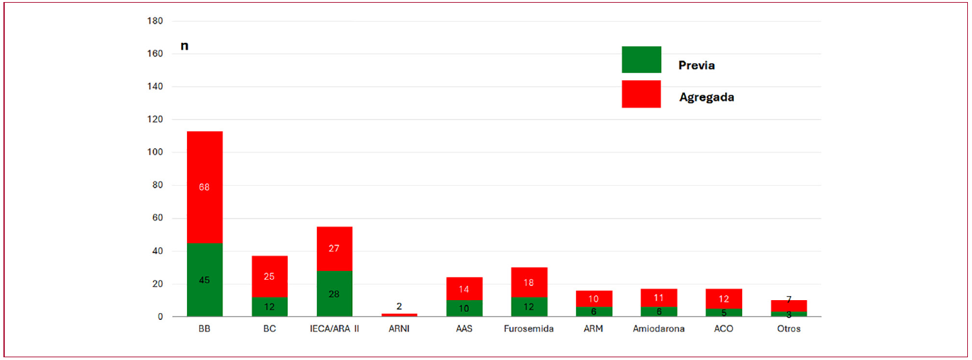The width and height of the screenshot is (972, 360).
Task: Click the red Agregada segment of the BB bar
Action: coord(205,187)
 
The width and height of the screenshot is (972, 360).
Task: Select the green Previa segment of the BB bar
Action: coord(205,280)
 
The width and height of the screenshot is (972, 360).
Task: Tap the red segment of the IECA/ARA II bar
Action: coord(335,249)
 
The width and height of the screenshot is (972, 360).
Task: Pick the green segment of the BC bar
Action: coord(269,307)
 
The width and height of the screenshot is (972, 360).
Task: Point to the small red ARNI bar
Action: coord(399,315)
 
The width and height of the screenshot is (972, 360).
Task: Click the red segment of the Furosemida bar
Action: coord(529,282)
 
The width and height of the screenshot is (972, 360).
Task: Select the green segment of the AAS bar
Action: coord(465,308)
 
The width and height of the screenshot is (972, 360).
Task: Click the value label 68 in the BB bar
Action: coord(204,187)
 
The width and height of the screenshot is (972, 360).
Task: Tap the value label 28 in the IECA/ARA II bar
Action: coord(334,295)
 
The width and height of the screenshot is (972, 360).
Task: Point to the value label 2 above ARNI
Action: coord(399,306)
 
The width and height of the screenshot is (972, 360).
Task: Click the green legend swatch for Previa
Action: coord(641,59)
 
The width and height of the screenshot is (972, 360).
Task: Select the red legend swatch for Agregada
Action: coord(641,94)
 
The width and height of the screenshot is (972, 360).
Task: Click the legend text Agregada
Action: coord(707,97)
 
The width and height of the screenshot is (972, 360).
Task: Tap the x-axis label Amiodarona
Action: coord(658,329)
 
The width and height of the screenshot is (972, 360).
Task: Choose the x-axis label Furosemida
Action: coord(529,329)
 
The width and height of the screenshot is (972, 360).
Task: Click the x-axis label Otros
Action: coord(789,329)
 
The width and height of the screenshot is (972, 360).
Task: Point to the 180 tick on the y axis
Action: coord(155,21)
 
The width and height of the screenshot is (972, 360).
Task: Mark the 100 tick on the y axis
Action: coord(155,152)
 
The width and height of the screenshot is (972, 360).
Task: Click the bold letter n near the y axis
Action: coord(184,46)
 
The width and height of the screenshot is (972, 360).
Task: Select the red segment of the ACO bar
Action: coord(724,299)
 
